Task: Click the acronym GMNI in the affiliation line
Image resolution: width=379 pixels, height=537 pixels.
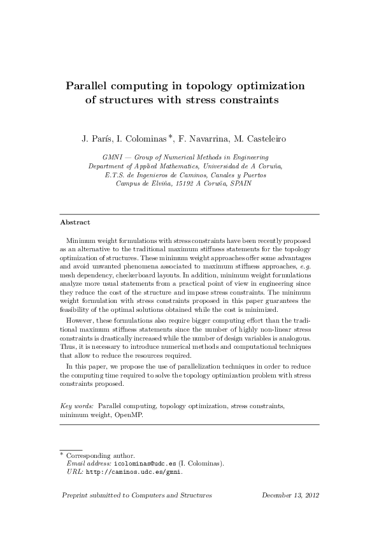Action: coord(113,156)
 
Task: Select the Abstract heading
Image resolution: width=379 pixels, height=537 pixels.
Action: coord(75,223)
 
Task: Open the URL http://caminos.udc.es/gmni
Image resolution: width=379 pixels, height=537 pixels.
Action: coord(134,473)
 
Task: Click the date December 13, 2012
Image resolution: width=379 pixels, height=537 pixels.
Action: coord(290,495)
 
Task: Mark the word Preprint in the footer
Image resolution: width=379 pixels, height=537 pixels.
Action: coord(75,495)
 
